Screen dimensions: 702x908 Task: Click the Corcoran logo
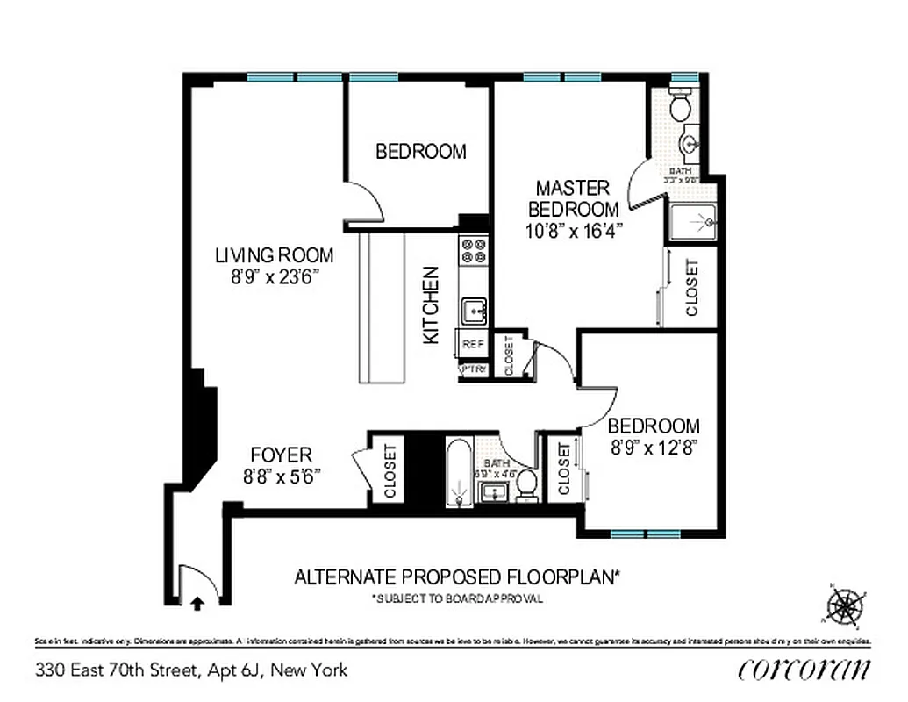coord(804,669)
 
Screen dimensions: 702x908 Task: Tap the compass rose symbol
coord(844,605)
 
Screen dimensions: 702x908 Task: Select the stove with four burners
coord(474,252)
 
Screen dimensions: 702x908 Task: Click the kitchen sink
coord(474,310)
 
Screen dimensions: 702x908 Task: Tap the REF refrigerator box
coord(472,345)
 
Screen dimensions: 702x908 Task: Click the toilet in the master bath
coord(679,107)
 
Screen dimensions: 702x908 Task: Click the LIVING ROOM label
coord(275,255)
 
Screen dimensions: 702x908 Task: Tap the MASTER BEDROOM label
coord(573,199)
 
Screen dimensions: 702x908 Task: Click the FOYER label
coord(281,455)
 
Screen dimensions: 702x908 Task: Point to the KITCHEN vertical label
coord(432,304)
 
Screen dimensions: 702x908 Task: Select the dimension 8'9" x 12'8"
coord(654,448)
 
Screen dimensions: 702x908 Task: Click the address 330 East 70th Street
coord(191,670)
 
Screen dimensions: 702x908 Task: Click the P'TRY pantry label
coord(473,369)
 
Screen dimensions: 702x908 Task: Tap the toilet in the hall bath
coord(525,484)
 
